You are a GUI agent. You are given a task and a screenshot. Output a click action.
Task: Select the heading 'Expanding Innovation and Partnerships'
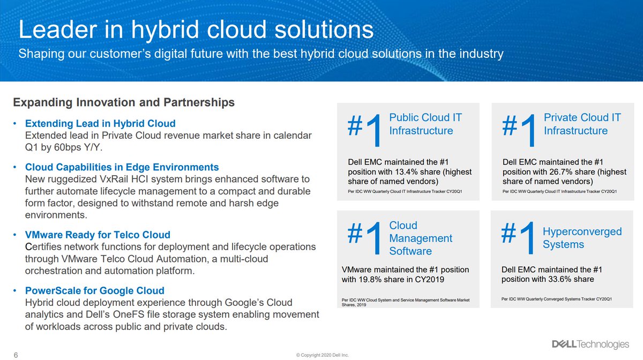click(x=124, y=102)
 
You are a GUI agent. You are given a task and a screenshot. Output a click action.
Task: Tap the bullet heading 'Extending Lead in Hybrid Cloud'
click(x=100, y=123)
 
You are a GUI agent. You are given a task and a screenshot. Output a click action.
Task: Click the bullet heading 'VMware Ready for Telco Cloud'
click(x=98, y=235)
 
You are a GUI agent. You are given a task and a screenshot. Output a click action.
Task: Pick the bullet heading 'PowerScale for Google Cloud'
click(x=95, y=290)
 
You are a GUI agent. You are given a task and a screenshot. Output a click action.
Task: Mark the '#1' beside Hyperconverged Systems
click(x=518, y=237)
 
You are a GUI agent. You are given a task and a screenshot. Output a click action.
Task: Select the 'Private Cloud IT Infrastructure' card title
click(x=582, y=124)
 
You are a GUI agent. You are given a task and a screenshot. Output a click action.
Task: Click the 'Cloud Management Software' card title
click(x=421, y=238)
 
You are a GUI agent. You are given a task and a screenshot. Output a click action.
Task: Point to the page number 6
click(x=16, y=355)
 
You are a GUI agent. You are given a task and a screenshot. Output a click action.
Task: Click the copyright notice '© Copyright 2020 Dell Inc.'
click(x=322, y=355)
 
